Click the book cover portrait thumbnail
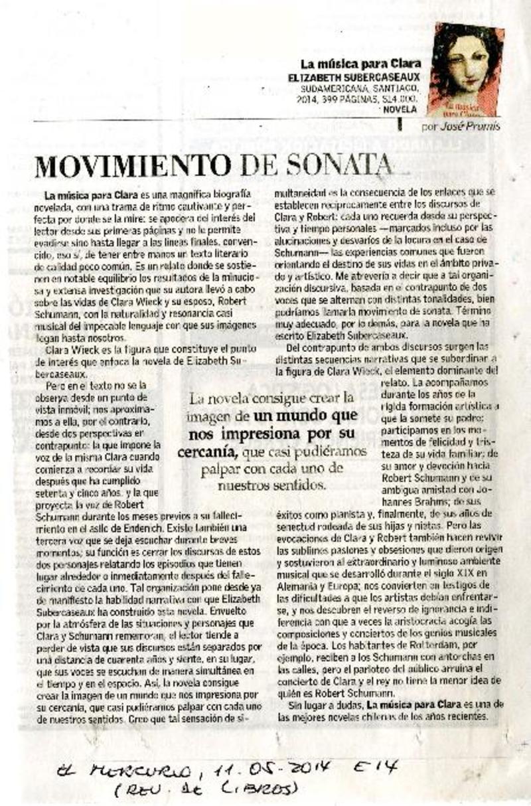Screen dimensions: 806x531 465,69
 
